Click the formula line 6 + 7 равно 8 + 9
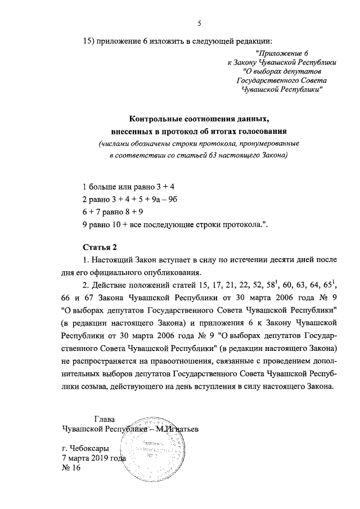[x=112, y=212]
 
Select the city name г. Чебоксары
[x=84, y=448]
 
